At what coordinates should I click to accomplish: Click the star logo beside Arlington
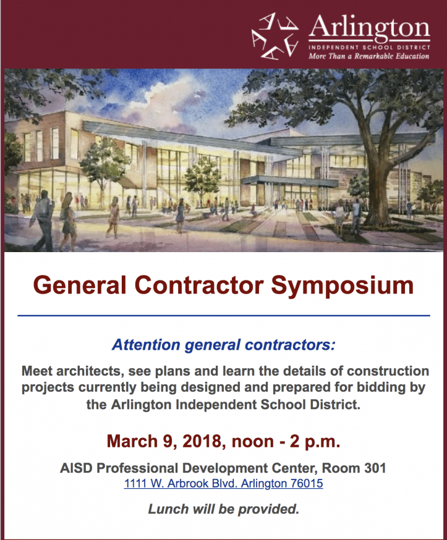point(275,36)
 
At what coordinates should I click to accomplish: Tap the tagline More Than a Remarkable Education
point(368,56)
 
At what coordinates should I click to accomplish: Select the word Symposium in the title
point(342,285)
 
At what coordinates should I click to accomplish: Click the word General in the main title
point(80,285)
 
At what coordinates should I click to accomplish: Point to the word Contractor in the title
point(199,285)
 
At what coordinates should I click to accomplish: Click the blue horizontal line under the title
point(224,315)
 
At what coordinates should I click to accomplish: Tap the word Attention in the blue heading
point(146,345)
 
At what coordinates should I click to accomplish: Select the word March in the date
point(132,441)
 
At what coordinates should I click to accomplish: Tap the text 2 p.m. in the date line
point(315,442)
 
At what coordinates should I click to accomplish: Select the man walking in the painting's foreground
point(42,221)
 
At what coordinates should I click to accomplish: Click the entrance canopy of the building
point(289,180)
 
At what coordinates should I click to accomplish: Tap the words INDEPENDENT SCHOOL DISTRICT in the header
point(369,47)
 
